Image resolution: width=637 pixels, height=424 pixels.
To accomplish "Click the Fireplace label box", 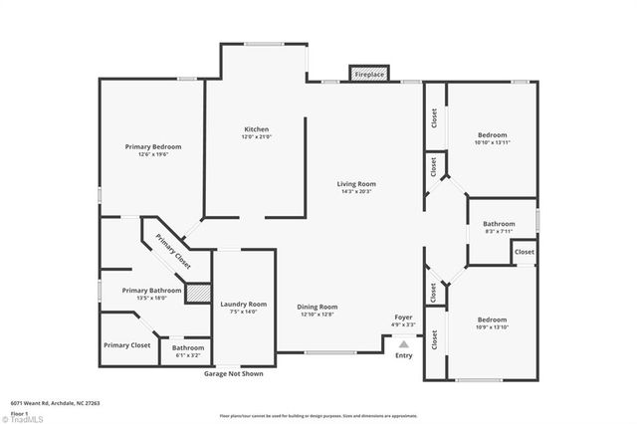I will [x=368, y=74].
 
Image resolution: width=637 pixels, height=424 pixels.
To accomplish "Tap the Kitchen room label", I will [x=257, y=129].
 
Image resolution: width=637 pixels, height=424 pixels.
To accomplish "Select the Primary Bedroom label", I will [x=152, y=146].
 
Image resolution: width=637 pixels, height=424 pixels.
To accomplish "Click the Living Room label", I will [x=355, y=184].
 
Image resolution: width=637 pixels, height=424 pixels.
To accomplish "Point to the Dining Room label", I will [x=318, y=307].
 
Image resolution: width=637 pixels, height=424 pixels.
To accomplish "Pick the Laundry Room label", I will [x=244, y=304].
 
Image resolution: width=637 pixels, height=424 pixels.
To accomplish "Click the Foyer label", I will [x=403, y=318].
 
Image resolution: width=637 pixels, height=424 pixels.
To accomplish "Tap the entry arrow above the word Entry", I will [x=403, y=341].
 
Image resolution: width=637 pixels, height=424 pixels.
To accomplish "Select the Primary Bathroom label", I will [x=149, y=291].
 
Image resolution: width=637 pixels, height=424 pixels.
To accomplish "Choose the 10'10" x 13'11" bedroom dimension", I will [x=492, y=142].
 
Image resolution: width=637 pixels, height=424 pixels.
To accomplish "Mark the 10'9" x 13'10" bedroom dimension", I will [x=492, y=326].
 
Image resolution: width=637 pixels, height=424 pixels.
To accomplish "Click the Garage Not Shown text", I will [x=234, y=374].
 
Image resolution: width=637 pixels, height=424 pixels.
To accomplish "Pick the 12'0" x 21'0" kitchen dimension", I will [x=257, y=137].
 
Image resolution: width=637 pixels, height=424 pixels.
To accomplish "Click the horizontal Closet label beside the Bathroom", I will [x=525, y=253].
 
